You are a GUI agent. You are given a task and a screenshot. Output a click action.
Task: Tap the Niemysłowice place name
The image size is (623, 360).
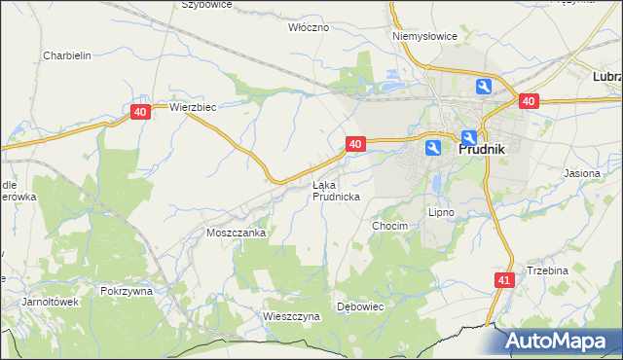point(424,36)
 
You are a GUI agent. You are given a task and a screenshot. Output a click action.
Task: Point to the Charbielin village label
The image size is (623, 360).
point(67,55)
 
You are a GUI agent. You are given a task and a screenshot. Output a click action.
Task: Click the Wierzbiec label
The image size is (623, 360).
point(192,107)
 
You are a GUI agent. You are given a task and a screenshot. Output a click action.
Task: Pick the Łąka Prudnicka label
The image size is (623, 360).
point(336,190)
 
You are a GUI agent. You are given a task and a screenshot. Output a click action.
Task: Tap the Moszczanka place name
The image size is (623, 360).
point(237,234)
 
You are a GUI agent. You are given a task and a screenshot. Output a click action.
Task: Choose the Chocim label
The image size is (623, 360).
point(388,225)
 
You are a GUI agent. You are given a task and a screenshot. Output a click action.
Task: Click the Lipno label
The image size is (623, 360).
point(442,211)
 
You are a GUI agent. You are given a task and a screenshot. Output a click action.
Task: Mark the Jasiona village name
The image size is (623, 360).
point(582,172)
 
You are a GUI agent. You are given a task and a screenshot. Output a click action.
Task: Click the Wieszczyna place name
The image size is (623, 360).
point(291,316)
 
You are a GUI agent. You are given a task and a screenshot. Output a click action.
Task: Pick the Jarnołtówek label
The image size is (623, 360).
point(50,302)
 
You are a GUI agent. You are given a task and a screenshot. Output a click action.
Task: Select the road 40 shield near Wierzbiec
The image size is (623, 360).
point(141,113)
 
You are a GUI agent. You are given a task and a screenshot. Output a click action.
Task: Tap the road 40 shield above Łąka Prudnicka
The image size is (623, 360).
point(354,144)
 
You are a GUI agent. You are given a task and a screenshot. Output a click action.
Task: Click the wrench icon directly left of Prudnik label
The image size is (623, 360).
point(433,148)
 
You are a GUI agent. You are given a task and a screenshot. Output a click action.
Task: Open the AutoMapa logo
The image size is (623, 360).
point(559,342)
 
